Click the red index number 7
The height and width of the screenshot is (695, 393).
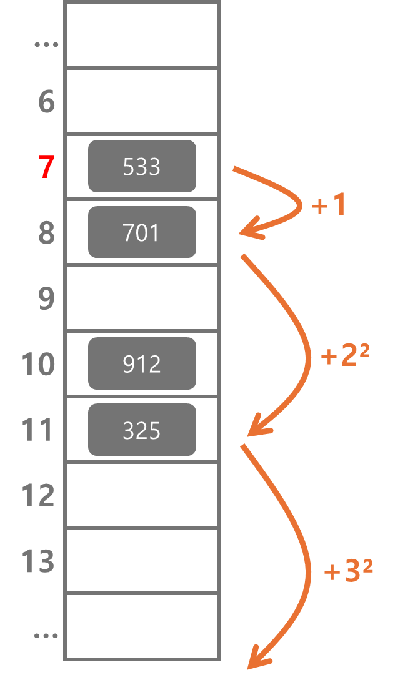coord(46,167)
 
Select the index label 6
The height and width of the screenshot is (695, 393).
coord(46,102)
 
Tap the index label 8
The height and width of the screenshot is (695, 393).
coord(46,233)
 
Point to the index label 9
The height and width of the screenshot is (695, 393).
coord(46,298)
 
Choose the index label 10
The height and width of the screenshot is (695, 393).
coord(38,364)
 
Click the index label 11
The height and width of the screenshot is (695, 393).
coord(38,430)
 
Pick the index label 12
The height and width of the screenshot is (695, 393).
coord(38,496)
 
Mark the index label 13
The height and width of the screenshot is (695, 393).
coord(38,561)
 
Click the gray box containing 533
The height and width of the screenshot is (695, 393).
coord(142,166)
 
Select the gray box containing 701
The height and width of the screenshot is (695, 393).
coord(142,232)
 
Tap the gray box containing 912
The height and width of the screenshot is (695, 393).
coord(142,363)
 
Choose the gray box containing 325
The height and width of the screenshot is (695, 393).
coord(142,430)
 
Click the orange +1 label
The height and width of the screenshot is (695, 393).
coord(329,205)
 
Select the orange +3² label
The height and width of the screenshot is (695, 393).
coord(348,571)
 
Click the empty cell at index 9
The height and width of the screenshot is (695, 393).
coord(142,298)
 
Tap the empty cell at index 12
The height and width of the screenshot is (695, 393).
coord(142,495)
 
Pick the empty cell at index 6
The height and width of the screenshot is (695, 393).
coord(142,101)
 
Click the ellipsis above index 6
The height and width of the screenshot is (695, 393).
coord(46,45)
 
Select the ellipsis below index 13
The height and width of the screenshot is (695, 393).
coord(46,636)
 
